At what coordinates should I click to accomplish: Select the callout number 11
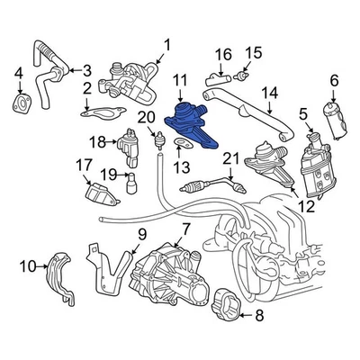[179, 81]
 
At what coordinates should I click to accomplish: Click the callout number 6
[334, 81]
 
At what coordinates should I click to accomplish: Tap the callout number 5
[303, 112]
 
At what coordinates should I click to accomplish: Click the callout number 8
[260, 315]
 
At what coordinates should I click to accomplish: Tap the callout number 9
[141, 236]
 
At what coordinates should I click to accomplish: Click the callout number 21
[230, 160]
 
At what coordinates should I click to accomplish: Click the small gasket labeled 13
[181, 141]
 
